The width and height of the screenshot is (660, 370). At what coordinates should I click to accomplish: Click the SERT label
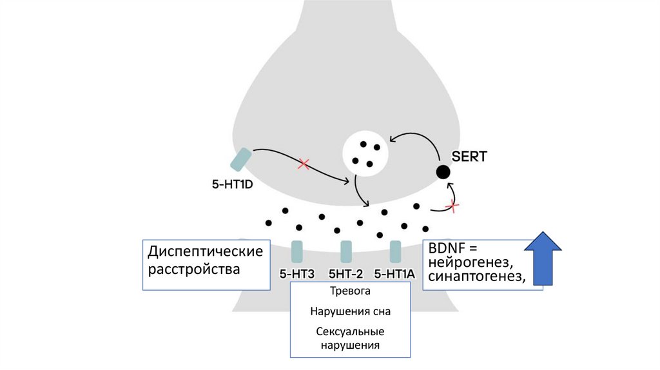(469, 155)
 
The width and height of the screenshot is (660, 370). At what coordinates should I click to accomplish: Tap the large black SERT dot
(443, 172)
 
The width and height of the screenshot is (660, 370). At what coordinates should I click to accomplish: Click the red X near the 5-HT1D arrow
(303, 164)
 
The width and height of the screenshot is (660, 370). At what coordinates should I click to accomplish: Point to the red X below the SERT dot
(454, 206)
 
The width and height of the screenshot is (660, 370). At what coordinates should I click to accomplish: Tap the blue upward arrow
(543, 258)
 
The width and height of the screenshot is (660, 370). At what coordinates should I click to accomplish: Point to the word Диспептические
(206, 251)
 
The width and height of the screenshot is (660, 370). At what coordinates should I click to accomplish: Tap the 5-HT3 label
(296, 273)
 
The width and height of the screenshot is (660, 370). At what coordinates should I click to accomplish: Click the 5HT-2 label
(347, 273)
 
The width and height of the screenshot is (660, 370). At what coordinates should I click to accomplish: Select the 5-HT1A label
(394, 273)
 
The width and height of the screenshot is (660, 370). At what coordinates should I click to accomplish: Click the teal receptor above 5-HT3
(297, 251)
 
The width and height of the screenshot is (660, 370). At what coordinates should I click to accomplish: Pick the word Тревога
(350, 291)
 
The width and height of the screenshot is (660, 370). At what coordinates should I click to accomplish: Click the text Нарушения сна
(350, 311)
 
